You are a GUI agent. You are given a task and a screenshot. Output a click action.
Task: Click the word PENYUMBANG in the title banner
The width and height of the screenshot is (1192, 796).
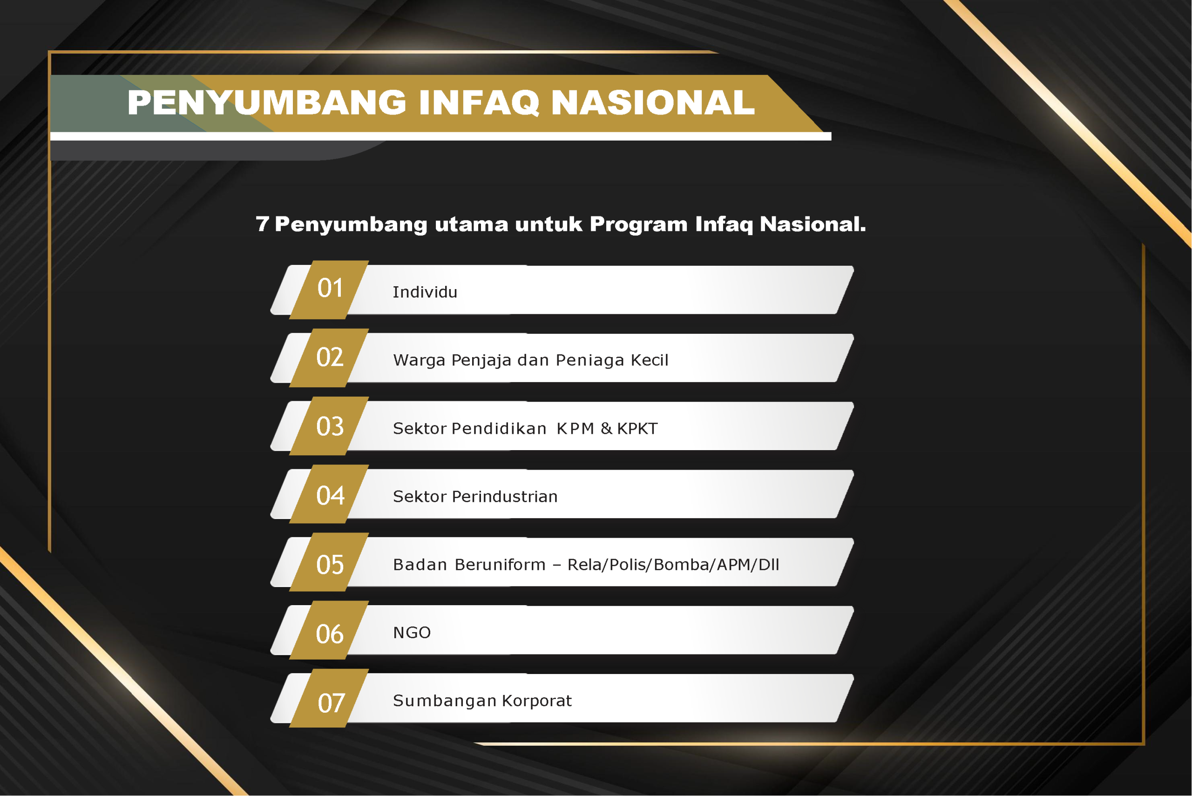[267, 102]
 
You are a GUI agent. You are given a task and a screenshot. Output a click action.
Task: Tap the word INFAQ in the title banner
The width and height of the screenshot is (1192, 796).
[479, 102]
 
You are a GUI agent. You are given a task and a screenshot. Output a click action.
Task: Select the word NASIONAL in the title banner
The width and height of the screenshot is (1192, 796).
[653, 102]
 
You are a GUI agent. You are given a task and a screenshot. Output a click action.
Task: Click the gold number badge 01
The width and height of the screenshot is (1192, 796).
[330, 290]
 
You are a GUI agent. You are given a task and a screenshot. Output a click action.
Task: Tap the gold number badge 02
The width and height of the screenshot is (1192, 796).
[330, 358]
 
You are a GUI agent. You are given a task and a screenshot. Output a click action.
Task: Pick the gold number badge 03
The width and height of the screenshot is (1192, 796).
[330, 425]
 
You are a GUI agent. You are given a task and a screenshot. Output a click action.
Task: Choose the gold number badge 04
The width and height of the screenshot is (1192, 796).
[330, 493]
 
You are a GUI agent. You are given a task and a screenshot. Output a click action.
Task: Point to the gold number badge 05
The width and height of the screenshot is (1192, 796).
[330, 561]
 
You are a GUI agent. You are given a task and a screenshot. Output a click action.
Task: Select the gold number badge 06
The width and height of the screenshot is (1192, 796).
[330, 629]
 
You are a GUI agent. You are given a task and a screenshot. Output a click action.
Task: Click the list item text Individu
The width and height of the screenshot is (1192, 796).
[425, 292]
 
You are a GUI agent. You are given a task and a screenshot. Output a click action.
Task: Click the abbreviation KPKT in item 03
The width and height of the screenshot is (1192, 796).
[637, 428]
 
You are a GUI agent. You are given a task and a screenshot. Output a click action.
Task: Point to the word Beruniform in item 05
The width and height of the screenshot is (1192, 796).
[500, 565]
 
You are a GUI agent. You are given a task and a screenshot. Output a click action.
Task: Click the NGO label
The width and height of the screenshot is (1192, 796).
[412, 633]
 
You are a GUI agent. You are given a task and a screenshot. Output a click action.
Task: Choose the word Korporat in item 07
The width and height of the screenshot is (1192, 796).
[536, 701]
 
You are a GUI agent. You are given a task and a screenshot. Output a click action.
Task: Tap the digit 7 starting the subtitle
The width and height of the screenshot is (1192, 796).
[262, 224]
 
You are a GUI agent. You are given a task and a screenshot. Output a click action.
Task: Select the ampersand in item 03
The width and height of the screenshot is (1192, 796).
[606, 428]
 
